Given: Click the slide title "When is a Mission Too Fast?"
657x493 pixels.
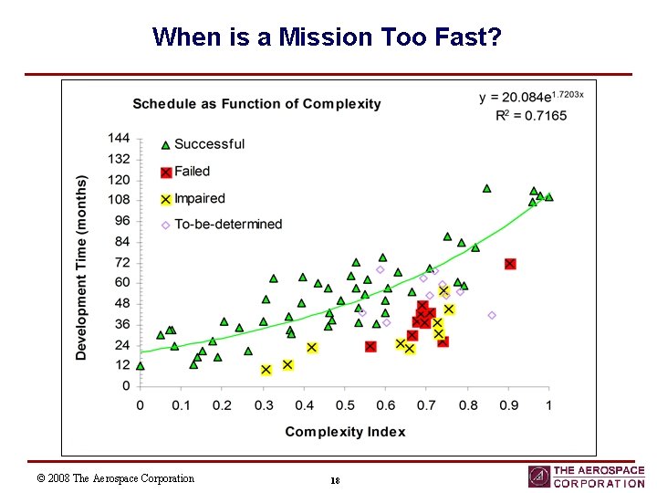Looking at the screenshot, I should (327, 37).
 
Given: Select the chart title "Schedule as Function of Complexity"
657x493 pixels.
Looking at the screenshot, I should (256, 104).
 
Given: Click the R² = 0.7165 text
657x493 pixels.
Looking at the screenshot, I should (530, 116).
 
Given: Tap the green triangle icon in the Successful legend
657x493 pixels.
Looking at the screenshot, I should (165, 144).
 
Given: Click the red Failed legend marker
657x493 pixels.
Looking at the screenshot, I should (165, 172).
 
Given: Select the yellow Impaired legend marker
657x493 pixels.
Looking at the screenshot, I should (165, 199).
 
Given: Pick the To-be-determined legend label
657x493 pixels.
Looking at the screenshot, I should (228, 225).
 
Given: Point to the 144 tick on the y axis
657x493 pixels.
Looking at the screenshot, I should (120, 138).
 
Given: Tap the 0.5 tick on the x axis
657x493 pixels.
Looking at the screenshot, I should (345, 404).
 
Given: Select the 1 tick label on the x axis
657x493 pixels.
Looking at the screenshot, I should (548, 404).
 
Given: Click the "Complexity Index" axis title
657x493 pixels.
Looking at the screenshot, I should (345, 431).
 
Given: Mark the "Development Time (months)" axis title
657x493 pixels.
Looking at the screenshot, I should (81, 267).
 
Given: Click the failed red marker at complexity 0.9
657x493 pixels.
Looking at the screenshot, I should (510, 264).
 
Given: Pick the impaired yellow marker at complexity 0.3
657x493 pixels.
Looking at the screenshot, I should (266, 370).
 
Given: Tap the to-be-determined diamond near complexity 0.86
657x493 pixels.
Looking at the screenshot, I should (492, 315).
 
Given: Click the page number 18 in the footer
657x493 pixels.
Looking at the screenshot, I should (336, 480).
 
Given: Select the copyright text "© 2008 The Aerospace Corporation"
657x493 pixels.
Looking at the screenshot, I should (115, 478).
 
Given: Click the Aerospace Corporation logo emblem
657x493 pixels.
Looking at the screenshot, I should (539, 477).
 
